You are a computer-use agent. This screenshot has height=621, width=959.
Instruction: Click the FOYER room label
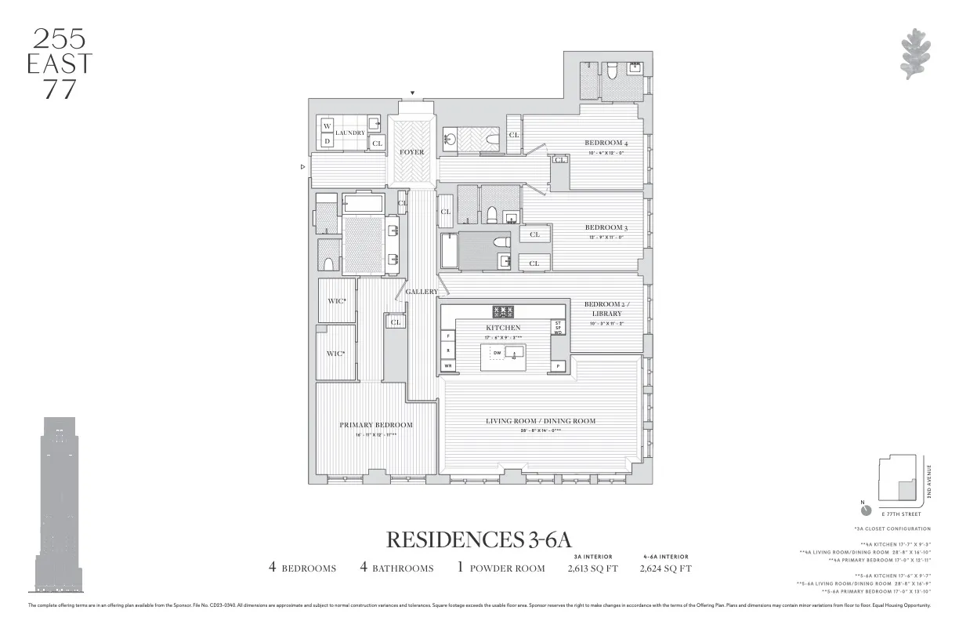tap(412, 152)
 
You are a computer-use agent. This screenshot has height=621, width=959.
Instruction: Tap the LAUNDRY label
tap(350, 133)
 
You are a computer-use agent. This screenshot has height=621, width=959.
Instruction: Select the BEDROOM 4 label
tap(606, 143)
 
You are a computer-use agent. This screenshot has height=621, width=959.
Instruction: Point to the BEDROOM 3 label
tap(606, 227)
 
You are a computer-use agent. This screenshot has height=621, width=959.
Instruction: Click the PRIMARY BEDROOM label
tap(375, 425)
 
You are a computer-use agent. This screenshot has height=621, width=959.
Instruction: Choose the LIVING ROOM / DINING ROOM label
tap(540, 421)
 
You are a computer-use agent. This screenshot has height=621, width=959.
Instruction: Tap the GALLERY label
tap(422, 292)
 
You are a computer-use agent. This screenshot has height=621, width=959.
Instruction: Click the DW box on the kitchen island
tap(498, 353)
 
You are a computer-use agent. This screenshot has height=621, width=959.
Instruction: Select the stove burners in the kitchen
tap(502, 312)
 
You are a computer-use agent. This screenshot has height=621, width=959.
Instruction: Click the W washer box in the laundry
tap(328, 126)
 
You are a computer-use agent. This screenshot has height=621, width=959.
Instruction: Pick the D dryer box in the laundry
tap(328, 141)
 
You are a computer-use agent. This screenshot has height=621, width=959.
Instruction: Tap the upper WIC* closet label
tap(337, 300)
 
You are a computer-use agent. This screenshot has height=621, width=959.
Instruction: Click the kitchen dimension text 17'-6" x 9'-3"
tap(503, 337)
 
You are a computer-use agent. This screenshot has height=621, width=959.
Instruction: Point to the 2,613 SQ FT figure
tap(592, 568)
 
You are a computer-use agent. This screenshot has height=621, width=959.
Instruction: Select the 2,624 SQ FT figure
tap(665, 568)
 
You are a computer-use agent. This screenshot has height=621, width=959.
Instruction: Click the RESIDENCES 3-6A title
tap(479, 540)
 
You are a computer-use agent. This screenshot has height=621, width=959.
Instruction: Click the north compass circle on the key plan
tap(866, 510)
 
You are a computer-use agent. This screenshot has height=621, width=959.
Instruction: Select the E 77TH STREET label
tap(899, 514)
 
